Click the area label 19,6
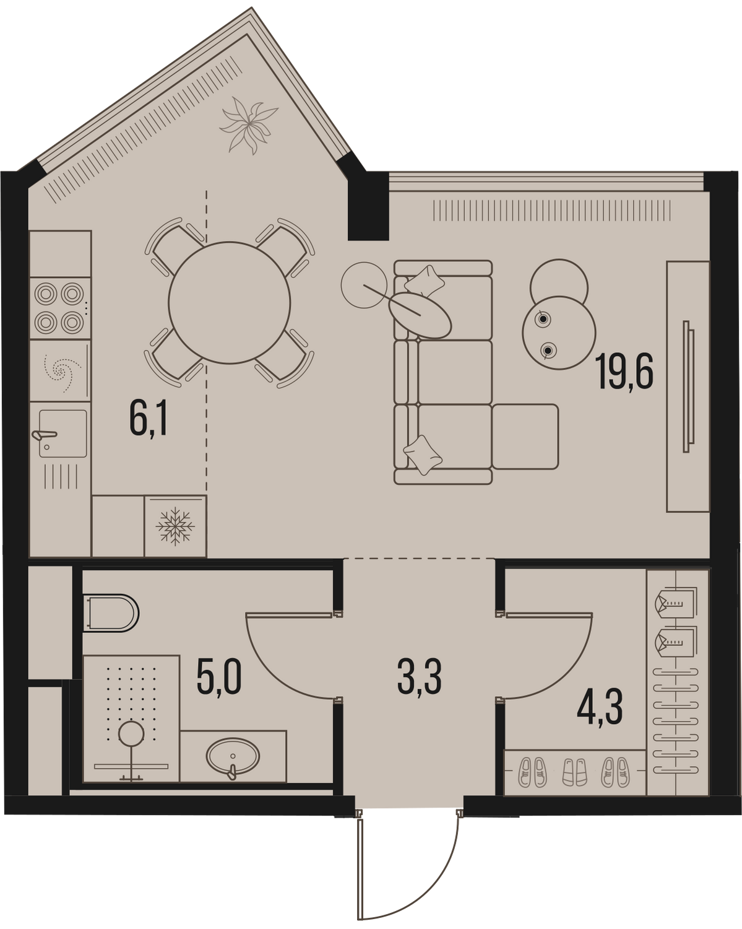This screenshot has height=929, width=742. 626,370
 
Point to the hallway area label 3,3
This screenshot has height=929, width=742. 420,688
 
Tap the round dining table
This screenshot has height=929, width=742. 230,303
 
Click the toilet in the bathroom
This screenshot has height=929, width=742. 110,613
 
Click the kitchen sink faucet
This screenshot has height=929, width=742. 45,435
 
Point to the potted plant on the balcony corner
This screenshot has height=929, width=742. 249,125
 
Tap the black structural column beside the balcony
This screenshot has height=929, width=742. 368,206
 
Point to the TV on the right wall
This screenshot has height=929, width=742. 689,386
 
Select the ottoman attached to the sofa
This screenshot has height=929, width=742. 525,436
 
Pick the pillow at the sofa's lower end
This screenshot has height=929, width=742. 423,455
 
